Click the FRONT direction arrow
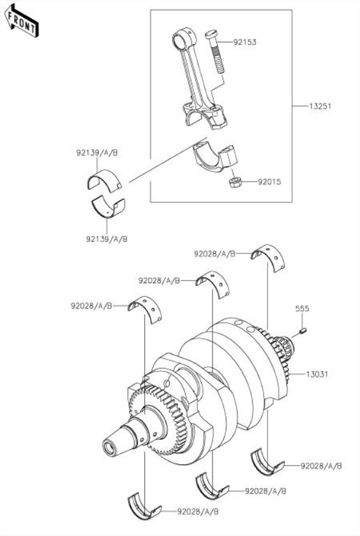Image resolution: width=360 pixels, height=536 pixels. click(x=21, y=21)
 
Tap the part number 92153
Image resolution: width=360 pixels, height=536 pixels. click(x=244, y=42)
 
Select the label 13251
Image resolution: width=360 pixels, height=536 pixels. click(x=320, y=106)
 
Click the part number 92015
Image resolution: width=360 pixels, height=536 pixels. click(x=269, y=181)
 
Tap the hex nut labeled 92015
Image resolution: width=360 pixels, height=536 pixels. click(x=235, y=182)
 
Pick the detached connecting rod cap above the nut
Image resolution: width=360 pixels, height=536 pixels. click(x=215, y=157)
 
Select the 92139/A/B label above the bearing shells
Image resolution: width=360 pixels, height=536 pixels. click(x=97, y=153)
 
